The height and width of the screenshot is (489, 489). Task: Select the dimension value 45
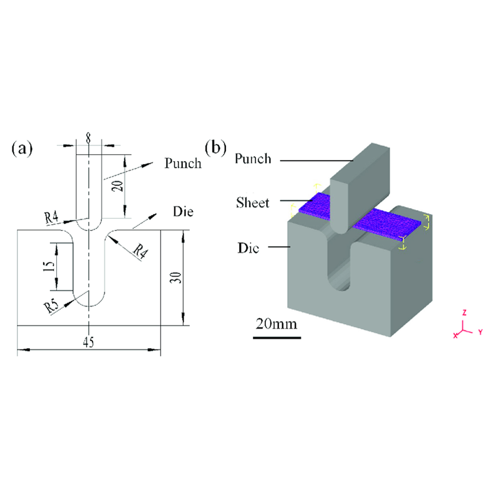[88, 342]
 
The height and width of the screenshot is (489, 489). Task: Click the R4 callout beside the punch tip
[52, 218]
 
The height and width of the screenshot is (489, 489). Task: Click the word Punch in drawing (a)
[183, 163]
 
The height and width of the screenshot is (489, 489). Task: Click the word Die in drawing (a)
[183, 212]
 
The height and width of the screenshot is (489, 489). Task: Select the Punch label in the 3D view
[253, 159]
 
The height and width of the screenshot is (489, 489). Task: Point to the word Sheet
[253, 203]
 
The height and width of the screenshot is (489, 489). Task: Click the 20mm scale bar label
[276, 324]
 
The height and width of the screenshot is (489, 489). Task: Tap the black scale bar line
[277, 337]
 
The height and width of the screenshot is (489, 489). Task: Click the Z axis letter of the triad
[464, 313]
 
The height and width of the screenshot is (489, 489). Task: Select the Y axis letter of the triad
[480, 332]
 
